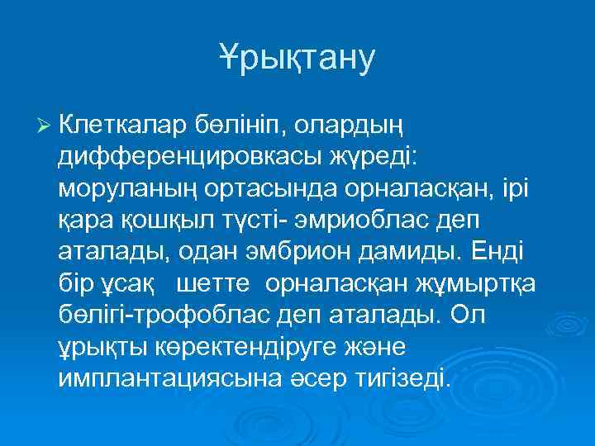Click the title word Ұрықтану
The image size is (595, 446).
click(x=297, y=57)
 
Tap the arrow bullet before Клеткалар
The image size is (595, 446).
click(x=44, y=126)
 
